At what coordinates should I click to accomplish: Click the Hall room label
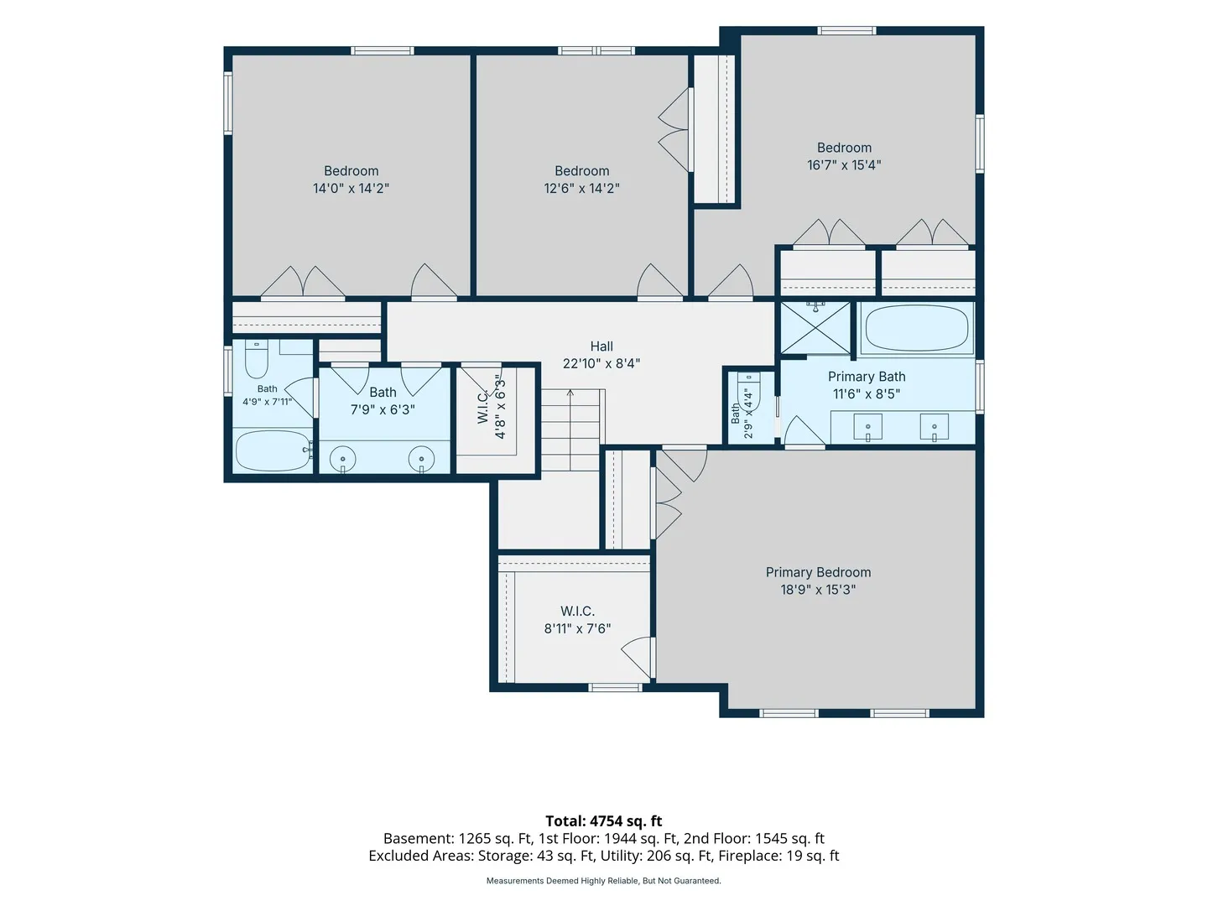[601, 346]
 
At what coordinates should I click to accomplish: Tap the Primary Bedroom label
[818, 572]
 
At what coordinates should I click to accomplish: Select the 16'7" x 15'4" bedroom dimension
[844, 165]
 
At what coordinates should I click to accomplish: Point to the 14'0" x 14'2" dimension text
[351, 188]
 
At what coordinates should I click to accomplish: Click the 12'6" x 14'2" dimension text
[581, 188]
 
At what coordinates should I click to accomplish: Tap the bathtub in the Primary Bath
[916, 328]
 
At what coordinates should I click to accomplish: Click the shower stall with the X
[815, 328]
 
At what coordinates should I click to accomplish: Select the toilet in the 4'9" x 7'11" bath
[256, 359]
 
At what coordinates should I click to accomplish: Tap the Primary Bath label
[867, 377]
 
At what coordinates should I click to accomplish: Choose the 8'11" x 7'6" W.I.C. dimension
[577, 628]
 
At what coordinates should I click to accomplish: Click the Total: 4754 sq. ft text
[604, 820]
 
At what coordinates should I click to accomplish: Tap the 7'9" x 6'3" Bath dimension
[383, 410]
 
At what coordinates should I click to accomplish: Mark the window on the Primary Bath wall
[980, 386]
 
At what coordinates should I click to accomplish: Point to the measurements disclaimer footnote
[603, 881]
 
